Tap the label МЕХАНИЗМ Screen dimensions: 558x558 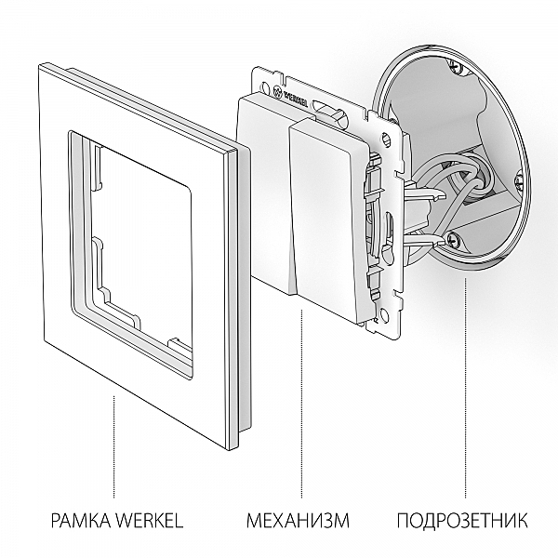click(x=298, y=519)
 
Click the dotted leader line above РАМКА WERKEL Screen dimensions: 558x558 click(x=114, y=446)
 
